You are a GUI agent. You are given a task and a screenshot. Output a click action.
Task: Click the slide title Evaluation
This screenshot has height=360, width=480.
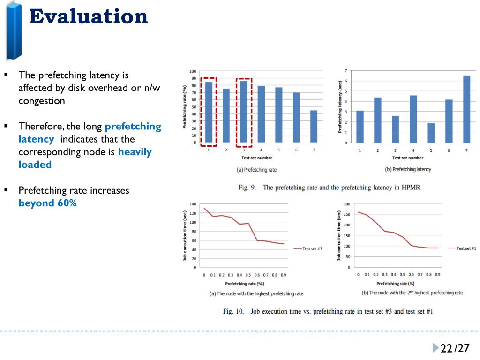click(88, 17)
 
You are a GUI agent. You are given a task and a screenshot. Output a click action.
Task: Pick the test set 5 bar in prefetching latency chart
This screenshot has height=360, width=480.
click(431, 133)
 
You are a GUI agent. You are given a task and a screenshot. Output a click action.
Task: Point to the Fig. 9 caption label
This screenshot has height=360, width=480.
click(247, 187)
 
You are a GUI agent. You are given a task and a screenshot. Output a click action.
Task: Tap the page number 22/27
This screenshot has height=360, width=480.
click(455, 348)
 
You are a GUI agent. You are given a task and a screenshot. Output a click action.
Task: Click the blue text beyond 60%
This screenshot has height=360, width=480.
click(47, 203)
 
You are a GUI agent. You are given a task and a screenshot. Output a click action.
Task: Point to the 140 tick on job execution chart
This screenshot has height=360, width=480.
click(193, 204)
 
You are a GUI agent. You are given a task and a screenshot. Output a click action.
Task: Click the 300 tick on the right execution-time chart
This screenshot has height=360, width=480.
click(346, 204)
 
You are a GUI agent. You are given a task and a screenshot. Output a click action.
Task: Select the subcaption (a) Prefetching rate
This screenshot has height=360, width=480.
click(256, 170)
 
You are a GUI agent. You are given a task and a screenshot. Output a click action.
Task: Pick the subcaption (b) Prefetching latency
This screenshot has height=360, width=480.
click(407, 169)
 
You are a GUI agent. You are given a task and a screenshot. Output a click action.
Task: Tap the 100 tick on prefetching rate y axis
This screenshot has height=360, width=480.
click(193, 71)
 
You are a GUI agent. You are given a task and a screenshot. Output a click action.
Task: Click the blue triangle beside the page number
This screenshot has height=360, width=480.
click(436, 348)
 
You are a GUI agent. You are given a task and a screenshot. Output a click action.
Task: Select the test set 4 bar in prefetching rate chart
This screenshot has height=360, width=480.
click(261, 114)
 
